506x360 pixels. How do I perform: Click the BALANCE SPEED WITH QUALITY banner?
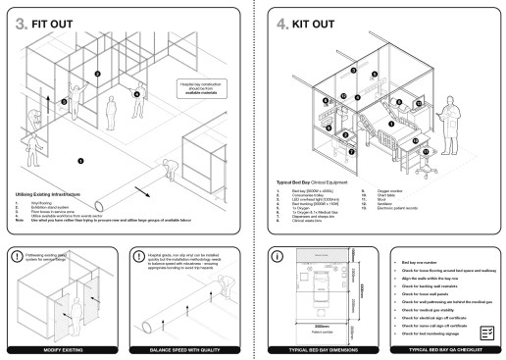188,348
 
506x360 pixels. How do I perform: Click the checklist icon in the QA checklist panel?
487,333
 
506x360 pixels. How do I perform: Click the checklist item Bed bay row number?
421,264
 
